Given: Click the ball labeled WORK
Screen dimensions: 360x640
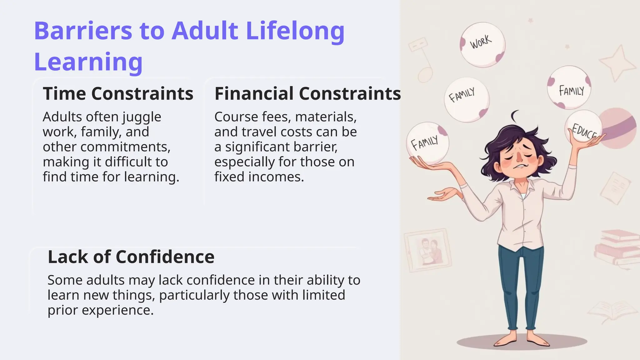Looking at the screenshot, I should click(482, 44).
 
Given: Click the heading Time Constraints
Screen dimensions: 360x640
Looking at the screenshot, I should click(118, 93).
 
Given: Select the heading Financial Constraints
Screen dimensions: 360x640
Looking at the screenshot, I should click(307, 93).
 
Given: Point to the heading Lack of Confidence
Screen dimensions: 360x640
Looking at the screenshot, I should click(131, 257).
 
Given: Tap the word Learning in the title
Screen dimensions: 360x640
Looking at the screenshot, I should click(88, 62).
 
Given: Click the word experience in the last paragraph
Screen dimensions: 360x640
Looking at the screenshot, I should click(117, 310).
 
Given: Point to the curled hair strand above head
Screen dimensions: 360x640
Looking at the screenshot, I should click(514, 116).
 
